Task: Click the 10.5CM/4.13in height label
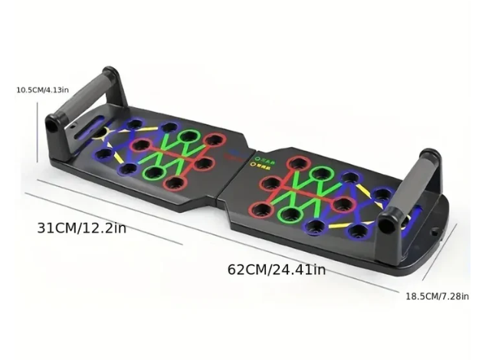point(43,90)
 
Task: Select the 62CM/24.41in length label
point(277,269)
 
